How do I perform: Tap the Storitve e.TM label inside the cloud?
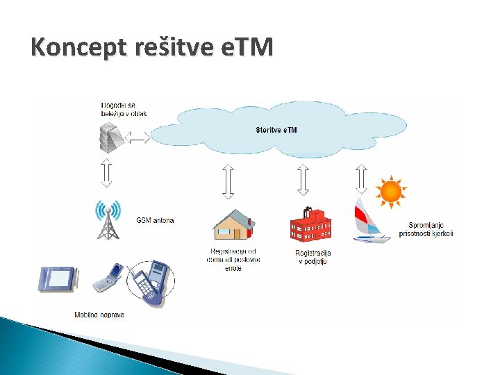pos(276,130)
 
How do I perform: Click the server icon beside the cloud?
pos(111,137)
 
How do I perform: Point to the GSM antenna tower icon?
pos(108,220)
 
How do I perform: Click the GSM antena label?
pos(154,221)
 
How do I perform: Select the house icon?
pos(233,225)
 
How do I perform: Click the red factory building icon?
pos(310,224)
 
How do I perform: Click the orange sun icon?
pos(390,191)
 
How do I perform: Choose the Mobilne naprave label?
pos(99,315)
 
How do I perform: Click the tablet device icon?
pos(56,278)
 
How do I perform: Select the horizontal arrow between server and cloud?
pos(137,138)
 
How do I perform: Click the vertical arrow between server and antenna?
pos(106,173)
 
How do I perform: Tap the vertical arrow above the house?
pos(228,181)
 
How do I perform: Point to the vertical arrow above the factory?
pos(302,180)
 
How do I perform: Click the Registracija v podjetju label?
pos(313,257)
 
